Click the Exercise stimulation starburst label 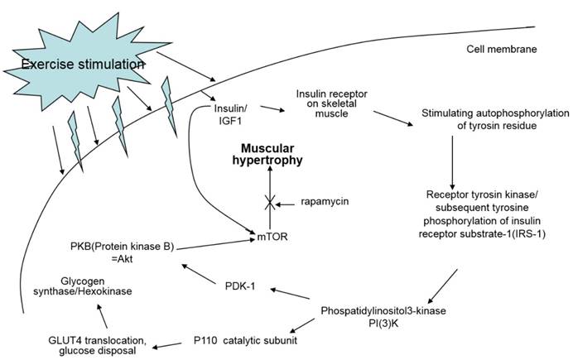pos(80,65)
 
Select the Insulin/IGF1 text pos(234,114)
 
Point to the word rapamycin pos(325,201)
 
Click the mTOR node pos(271,238)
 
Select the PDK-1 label pos(241,286)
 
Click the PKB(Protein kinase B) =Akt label pos(123,252)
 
